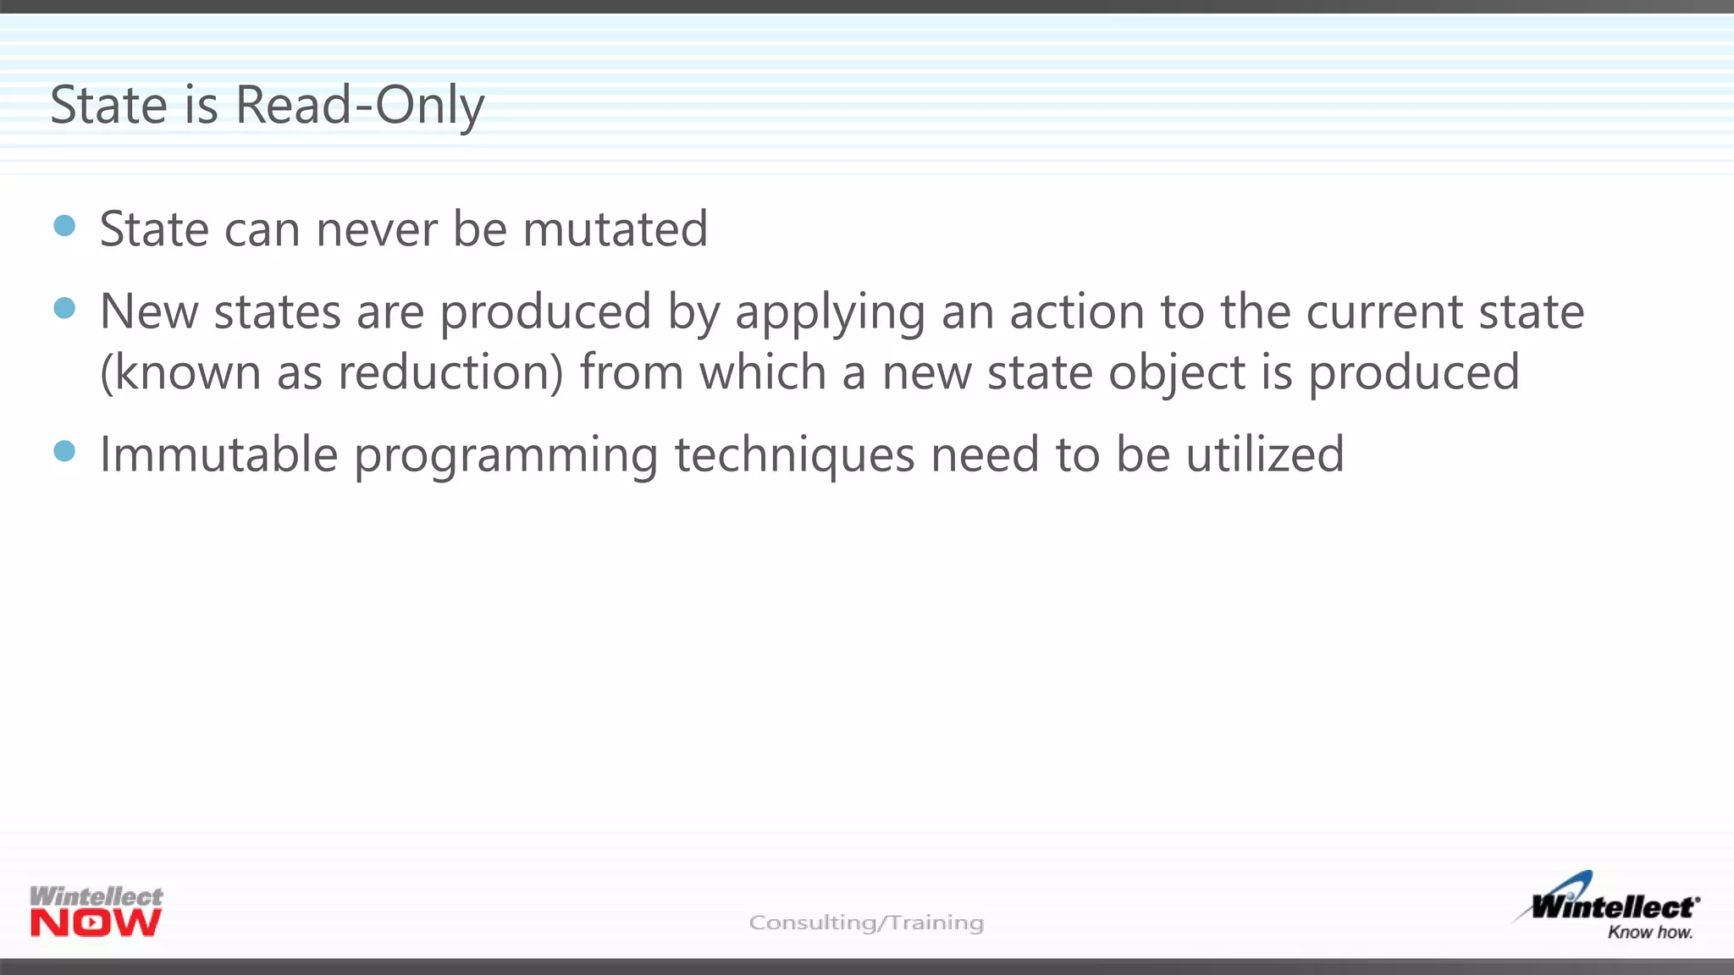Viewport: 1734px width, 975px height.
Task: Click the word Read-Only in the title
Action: pyautogui.click(x=360, y=106)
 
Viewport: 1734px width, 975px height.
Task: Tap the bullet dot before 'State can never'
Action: pyautogui.click(x=64, y=225)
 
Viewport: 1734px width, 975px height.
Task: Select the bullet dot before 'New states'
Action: pyautogui.click(x=64, y=307)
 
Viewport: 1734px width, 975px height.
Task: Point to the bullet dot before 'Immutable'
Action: pyautogui.click(x=64, y=450)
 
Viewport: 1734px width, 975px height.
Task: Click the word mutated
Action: pyautogui.click(x=615, y=229)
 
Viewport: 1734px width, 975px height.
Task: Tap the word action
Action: pyautogui.click(x=1077, y=311)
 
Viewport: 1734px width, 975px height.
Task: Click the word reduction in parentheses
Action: pyautogui.click(x=444, y=372)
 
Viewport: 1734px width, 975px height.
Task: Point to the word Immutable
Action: pyautogui.click(x=219, y=454)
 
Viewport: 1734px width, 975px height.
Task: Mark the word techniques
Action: pyautogui.click(x=794, y=455)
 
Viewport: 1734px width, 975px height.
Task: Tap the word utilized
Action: pyautogui.click(x=1264, y=454)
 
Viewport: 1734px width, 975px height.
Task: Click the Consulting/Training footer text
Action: pyautogui.click(x=866, y=923)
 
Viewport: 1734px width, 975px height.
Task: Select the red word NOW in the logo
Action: pyautogui.click(x=96, y=923)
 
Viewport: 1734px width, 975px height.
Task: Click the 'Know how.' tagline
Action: pyautogui.click(x=1650, y=933)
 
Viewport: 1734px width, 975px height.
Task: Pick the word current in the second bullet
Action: pyautogui.click(x=1384, y=311)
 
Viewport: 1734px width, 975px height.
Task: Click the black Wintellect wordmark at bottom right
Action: pyautogui.click(x=1613, y=907)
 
